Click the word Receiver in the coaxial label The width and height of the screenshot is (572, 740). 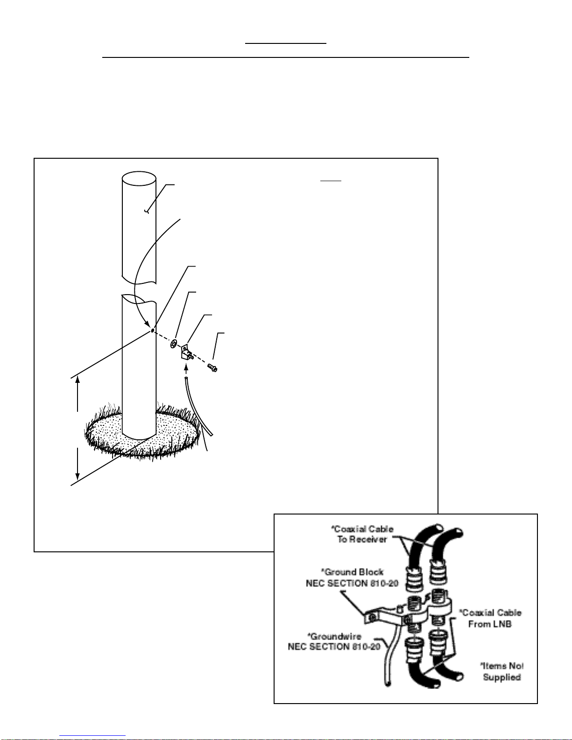pos(368,539)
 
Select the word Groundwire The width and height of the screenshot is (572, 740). pos(336,636)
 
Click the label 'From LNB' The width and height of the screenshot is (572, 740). pos(490,624)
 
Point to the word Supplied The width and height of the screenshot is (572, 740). pos(502,677)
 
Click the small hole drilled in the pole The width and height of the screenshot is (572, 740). pos(152,331)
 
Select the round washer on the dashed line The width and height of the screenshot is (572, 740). pos(174,344)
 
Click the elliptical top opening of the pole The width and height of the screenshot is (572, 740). pos(139,178)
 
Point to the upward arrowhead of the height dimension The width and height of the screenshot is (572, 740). pos(78,379)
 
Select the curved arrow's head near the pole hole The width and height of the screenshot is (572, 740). pos(148,325)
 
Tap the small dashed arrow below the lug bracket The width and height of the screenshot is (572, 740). pos(186,368)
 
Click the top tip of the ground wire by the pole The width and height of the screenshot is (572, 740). pos(186,378)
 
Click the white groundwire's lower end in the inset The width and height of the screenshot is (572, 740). pos(388,684)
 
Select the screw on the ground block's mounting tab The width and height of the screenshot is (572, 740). pos(371,617)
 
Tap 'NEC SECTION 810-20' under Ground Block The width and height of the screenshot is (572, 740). pos(352,583)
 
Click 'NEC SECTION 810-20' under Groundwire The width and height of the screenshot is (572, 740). pos(334,647)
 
